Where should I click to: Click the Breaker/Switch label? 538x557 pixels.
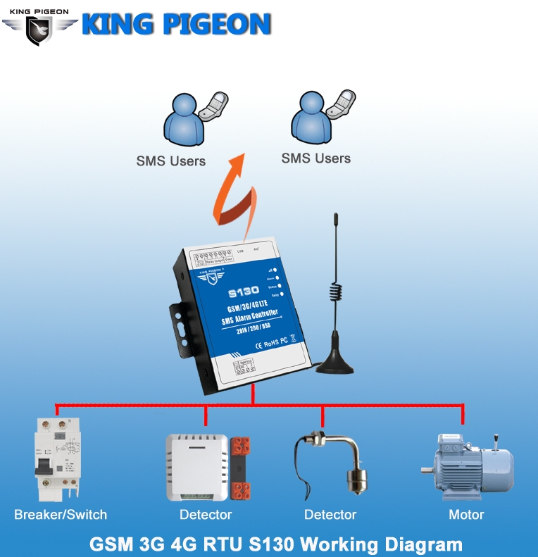[61, 515]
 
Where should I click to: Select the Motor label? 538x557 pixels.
[466, 515]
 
